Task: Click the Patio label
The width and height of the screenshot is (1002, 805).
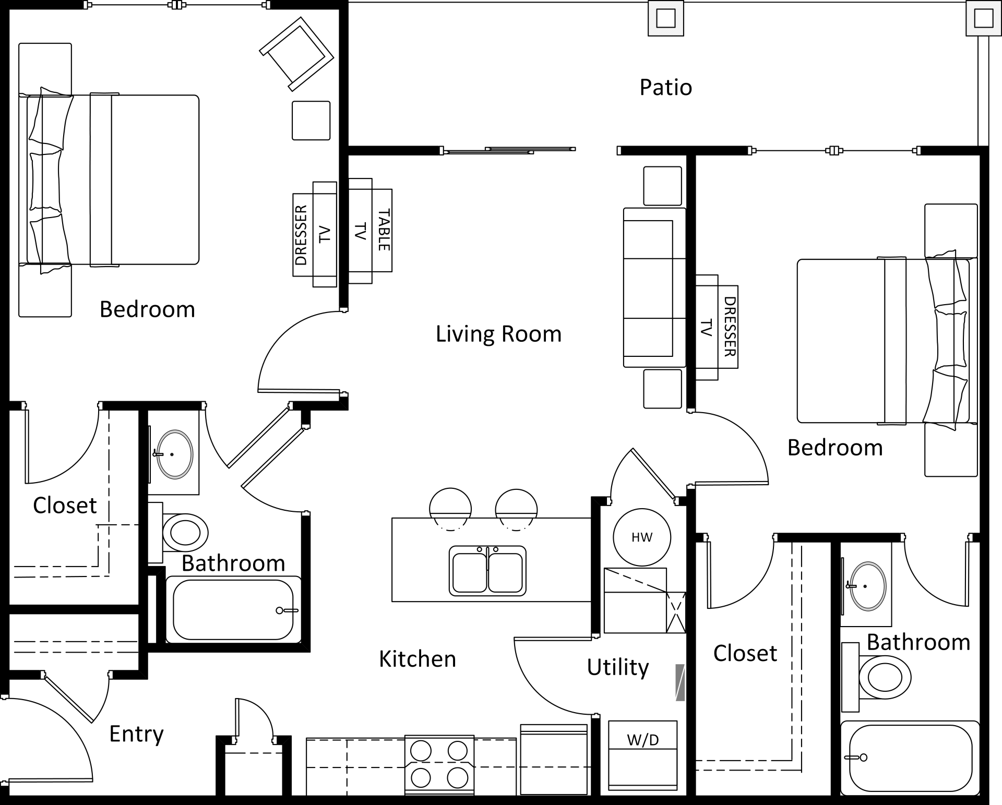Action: (x=665, y=88)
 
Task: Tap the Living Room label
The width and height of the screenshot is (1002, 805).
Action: (x=498, y=334)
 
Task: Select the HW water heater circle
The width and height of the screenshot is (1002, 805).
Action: (x=641, y=537)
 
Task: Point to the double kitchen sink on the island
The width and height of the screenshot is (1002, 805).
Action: (x=487, y=571)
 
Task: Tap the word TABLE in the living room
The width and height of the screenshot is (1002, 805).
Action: (x=384, y=230)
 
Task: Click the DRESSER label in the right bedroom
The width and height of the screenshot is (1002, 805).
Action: (x=729, y=327)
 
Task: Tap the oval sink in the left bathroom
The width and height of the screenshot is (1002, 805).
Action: (x=175, y=454)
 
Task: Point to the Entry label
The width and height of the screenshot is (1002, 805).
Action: (x=136, y=734)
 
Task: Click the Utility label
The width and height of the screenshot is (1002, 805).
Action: (x=617, y=667)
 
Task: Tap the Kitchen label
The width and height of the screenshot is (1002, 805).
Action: (x=417, y=659)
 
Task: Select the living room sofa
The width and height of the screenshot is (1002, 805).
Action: (x=653, y=287)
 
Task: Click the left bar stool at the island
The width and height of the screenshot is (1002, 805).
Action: (x=450, y=508)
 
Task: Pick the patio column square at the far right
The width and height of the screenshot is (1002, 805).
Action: (x=983, y=19)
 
